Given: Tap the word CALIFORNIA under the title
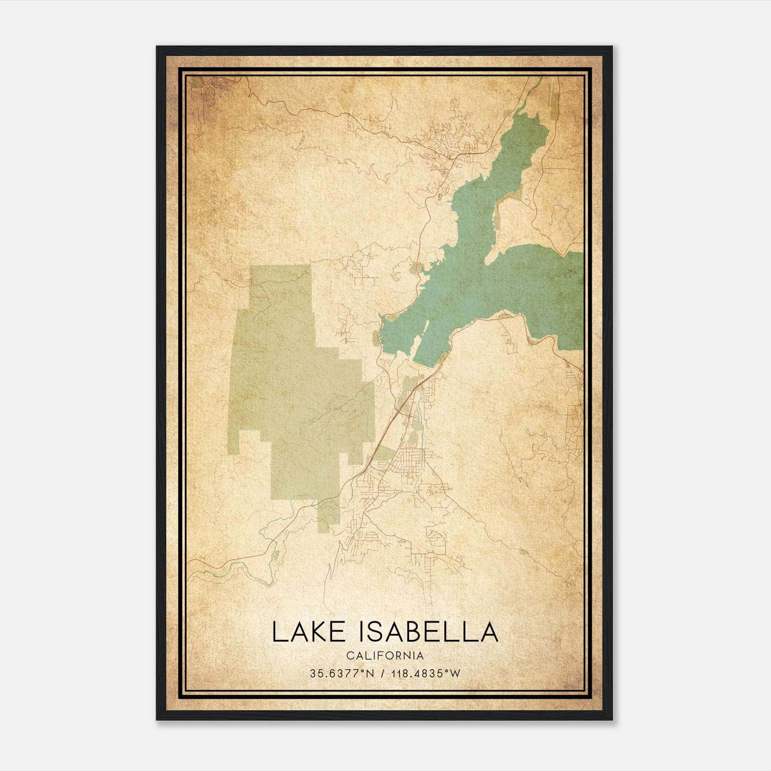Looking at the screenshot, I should [x=385, y=655].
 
